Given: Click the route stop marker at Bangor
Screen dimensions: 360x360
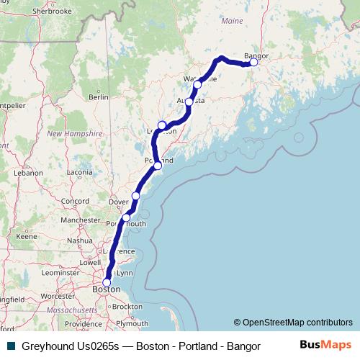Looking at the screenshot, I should tap(253, 62).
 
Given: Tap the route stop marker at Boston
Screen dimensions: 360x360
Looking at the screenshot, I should tap(107, 282).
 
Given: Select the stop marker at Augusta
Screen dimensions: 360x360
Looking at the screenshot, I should tap(189, 102).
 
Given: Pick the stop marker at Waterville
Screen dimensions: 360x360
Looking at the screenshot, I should tap(197, 84).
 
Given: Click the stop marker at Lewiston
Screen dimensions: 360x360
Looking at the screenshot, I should tap(163, 125).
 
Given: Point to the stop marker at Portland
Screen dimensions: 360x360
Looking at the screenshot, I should tap(158, 166).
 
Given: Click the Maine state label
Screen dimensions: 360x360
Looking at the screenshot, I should tap(232, 22).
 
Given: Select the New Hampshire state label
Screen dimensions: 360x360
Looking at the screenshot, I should tap(72, 133).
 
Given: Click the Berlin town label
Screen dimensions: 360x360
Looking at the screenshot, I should tap(98, 96).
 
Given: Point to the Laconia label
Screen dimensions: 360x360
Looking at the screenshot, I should tap(78, 173).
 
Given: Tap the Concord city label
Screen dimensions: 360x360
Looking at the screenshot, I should tap(74, 201).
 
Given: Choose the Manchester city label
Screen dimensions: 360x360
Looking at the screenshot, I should tap(81, 220).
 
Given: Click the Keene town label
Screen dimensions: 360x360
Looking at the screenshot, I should tap(27, 236).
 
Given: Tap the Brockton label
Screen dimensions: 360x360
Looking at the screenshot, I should tap(127, 306).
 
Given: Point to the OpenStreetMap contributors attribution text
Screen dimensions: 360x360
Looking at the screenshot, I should tap(293, 322).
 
